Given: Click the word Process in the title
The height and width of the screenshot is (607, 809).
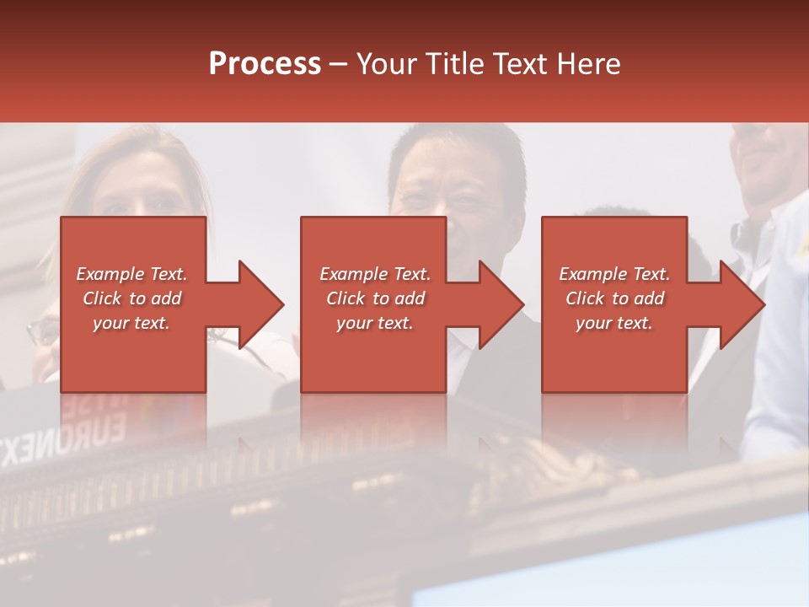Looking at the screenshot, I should click(x=265, y=64).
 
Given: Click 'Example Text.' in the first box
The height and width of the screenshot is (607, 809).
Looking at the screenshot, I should click(x=132, y=274).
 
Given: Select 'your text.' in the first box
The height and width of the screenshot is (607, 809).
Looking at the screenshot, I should click(x=132, y=323).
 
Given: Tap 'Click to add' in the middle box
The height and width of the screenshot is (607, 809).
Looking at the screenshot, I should click(x=375, y=298).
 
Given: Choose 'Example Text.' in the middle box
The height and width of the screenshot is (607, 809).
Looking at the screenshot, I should click(x=375, y=274).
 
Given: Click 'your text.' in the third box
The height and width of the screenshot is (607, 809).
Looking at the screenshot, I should click(x=614, y=323).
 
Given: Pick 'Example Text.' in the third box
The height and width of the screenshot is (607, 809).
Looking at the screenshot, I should click(x=614, y=274).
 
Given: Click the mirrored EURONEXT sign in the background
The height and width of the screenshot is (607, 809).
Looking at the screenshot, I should click(x=63, y=434).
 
